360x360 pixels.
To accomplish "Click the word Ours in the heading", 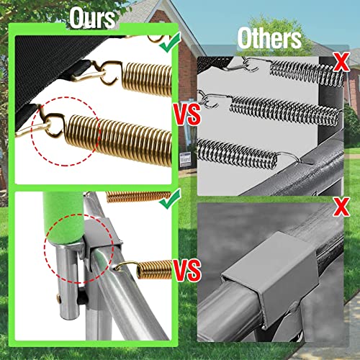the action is [x=92, y=18].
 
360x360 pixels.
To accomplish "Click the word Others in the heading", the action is [x=269, y=38].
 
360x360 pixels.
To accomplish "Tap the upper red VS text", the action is [x=187, y=114].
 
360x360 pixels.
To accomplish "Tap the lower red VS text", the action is [x=187, y=271].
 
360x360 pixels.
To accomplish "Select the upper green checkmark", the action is [x=171, y=42].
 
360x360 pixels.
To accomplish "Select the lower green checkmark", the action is [x=171, y=199].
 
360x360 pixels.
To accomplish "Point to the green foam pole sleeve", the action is [x=63, y=217].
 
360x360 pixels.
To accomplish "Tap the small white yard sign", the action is [x=185, y=159].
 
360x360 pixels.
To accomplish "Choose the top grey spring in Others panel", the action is [x=307, y=72].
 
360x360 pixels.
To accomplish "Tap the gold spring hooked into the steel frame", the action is [x=154, y=269].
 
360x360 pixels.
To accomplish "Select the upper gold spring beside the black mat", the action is [x=147, y=79].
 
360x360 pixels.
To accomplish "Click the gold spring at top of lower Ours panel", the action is [x=138, y=197].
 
